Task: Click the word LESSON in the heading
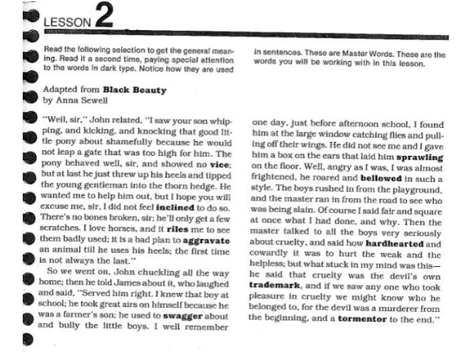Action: tap(66, 23)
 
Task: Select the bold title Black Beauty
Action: tap(134, 89)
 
